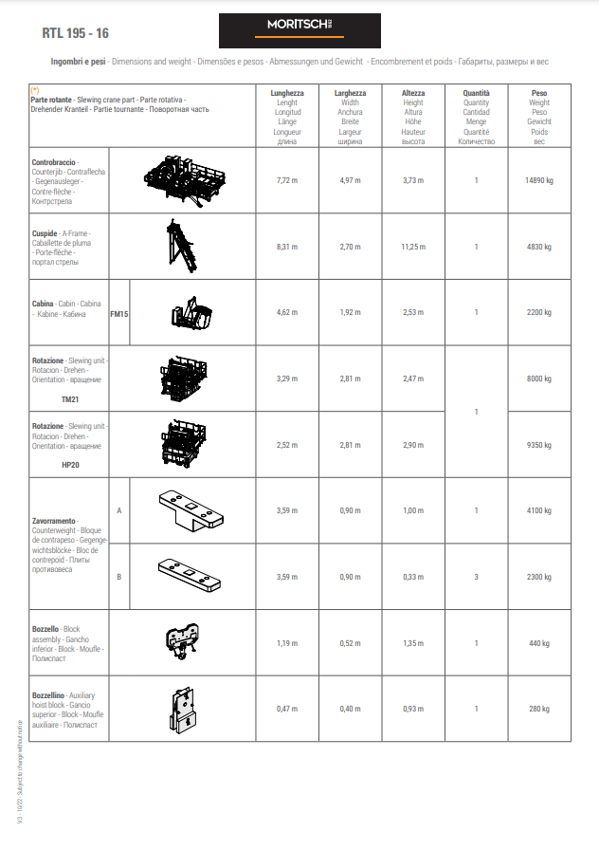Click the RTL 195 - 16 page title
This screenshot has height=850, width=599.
click(76, 32)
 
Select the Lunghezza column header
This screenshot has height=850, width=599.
click(287, 93)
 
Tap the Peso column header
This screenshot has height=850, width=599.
click(539, 93)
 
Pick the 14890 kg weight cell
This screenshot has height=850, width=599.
click(539, 179)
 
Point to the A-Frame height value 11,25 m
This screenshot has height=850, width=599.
click(413, 246)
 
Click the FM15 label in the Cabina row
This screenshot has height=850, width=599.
click(119, 313)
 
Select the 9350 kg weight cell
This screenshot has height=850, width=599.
click(539, 444)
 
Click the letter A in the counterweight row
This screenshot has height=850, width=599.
click(119, 510)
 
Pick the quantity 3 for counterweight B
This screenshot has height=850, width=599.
click(476, 577)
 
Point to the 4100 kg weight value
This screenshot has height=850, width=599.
click(539, 510)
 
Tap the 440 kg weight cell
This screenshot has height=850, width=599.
click(539, 643)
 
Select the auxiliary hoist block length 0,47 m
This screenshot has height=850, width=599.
click(287, 709)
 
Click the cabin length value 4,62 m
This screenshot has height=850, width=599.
click(287, 312)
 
